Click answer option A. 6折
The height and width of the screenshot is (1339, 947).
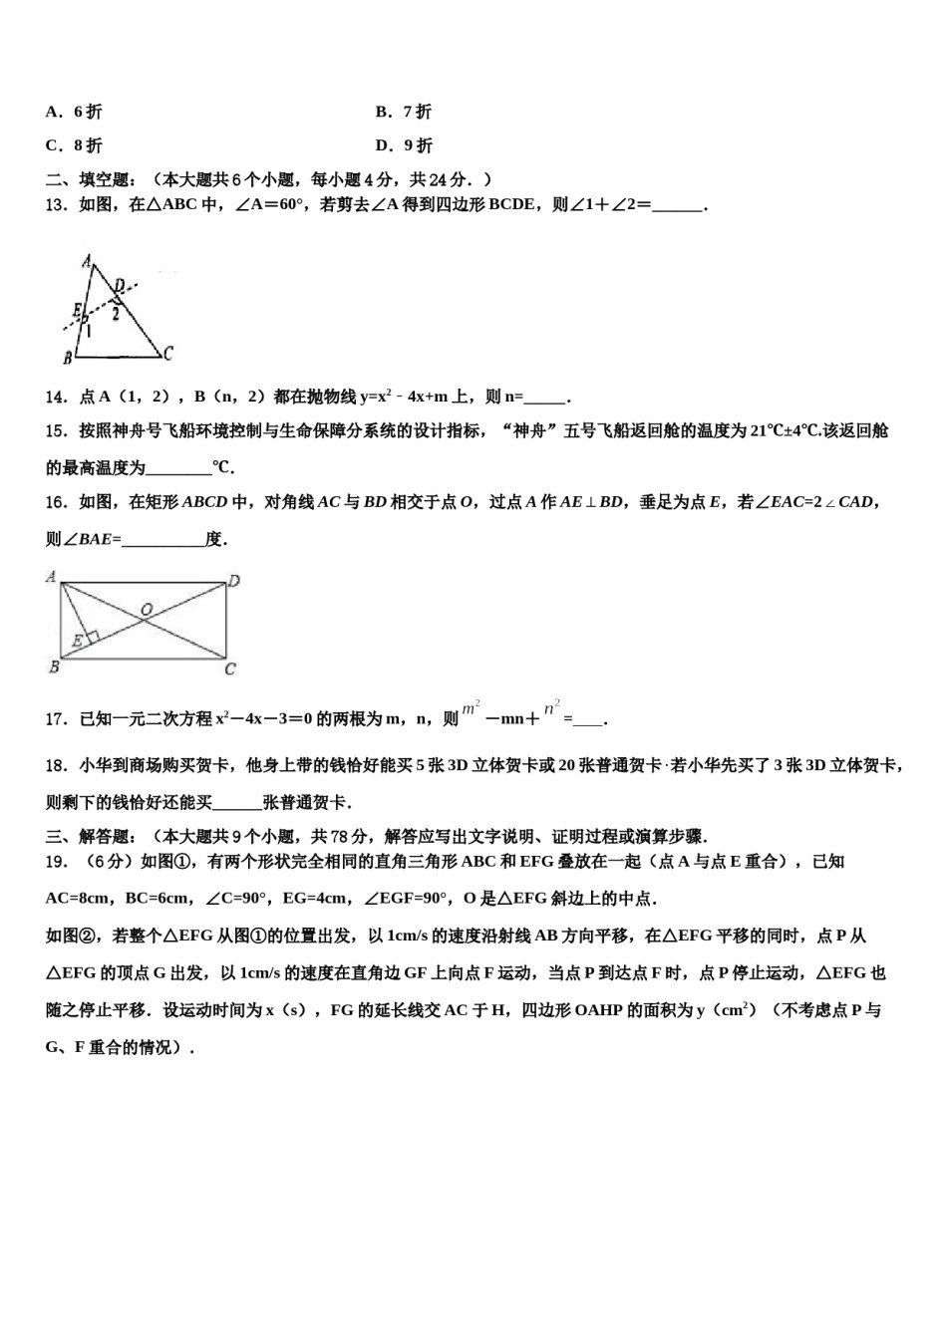point(74,112)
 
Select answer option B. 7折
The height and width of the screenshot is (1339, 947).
point(404,112)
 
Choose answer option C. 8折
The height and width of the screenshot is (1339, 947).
point(74,145)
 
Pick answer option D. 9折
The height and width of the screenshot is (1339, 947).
point(404,145)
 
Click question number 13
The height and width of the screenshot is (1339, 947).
point(57,205)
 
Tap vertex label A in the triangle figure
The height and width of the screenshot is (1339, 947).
point(88,262)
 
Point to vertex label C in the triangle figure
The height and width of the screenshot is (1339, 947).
point(168,352)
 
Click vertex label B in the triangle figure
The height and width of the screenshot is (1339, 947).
point(67,357)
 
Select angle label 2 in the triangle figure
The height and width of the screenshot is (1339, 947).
point(117,314)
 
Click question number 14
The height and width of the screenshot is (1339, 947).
point(57,397)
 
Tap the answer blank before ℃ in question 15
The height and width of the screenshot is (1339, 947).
point(179,467)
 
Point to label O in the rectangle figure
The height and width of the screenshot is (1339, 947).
point(147,608)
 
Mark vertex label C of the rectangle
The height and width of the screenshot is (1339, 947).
point(230,669)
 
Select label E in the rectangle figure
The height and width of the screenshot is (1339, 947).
point(77,640)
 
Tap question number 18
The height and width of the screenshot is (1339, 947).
point(57,766)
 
